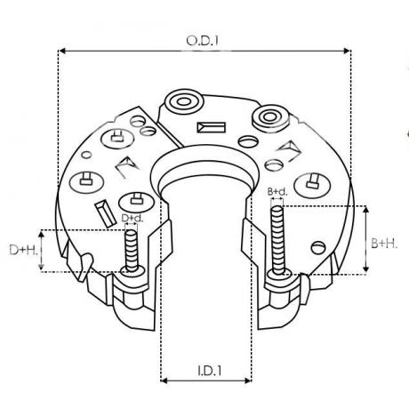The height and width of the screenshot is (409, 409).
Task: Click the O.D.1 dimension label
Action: tap(204, 40)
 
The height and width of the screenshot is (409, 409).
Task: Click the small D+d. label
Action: tap(132, 217)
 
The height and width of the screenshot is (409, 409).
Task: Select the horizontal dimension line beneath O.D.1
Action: tap(204, 52)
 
